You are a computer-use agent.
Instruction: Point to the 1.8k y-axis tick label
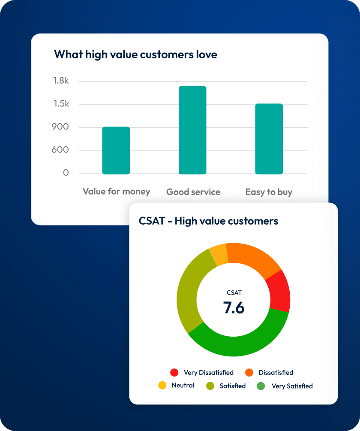click(61, 81)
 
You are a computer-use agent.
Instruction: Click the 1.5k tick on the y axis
click(61, 104)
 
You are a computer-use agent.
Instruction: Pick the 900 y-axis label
click(60, 127)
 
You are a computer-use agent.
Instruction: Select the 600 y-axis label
click(60, 150)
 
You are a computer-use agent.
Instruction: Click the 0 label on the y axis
click(66, 173)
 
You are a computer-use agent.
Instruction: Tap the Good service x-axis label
click(193, 192)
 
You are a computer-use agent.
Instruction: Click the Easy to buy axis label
click(269, 192)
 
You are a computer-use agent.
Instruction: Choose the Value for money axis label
click(117, 191)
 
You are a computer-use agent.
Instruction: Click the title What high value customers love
click(135, 54)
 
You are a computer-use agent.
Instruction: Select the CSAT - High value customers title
click(208, 221)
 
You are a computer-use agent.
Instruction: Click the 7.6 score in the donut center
click(234, 307)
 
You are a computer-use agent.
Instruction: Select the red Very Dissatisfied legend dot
click(174, 372)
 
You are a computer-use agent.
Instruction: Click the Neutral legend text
click(183, 385)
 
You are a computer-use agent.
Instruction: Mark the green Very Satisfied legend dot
click(261, 386)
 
